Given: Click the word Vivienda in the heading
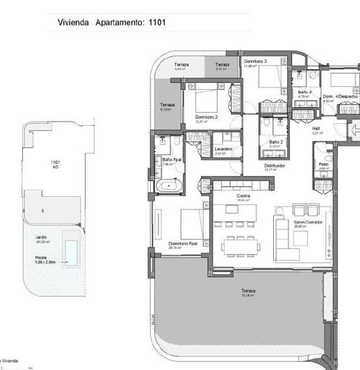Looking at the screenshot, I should pos(73,23).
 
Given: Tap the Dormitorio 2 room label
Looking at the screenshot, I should pos(206,117).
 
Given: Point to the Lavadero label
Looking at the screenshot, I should pos(223,150).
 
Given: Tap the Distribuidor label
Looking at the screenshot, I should pos(275,166).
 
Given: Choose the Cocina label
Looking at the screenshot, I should pos(243,196).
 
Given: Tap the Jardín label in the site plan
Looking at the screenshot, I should pos(42,238).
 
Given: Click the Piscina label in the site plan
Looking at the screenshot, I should pos(41,257).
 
